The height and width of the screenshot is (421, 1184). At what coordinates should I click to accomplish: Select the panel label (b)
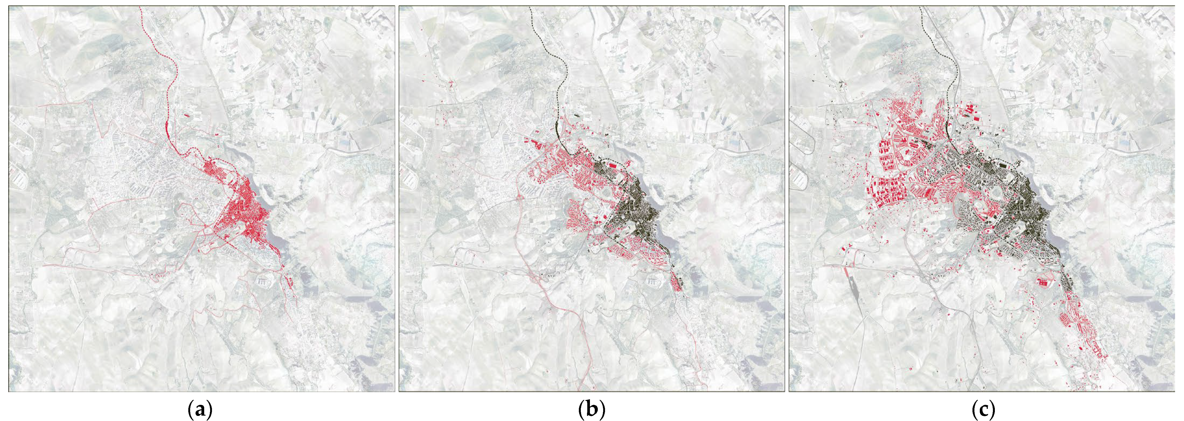[x=592, y=409]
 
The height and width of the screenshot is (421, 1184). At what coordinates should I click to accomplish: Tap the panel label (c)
[x=983, y=409]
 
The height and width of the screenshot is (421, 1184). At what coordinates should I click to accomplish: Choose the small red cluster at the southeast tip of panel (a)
[x=290, y=281]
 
